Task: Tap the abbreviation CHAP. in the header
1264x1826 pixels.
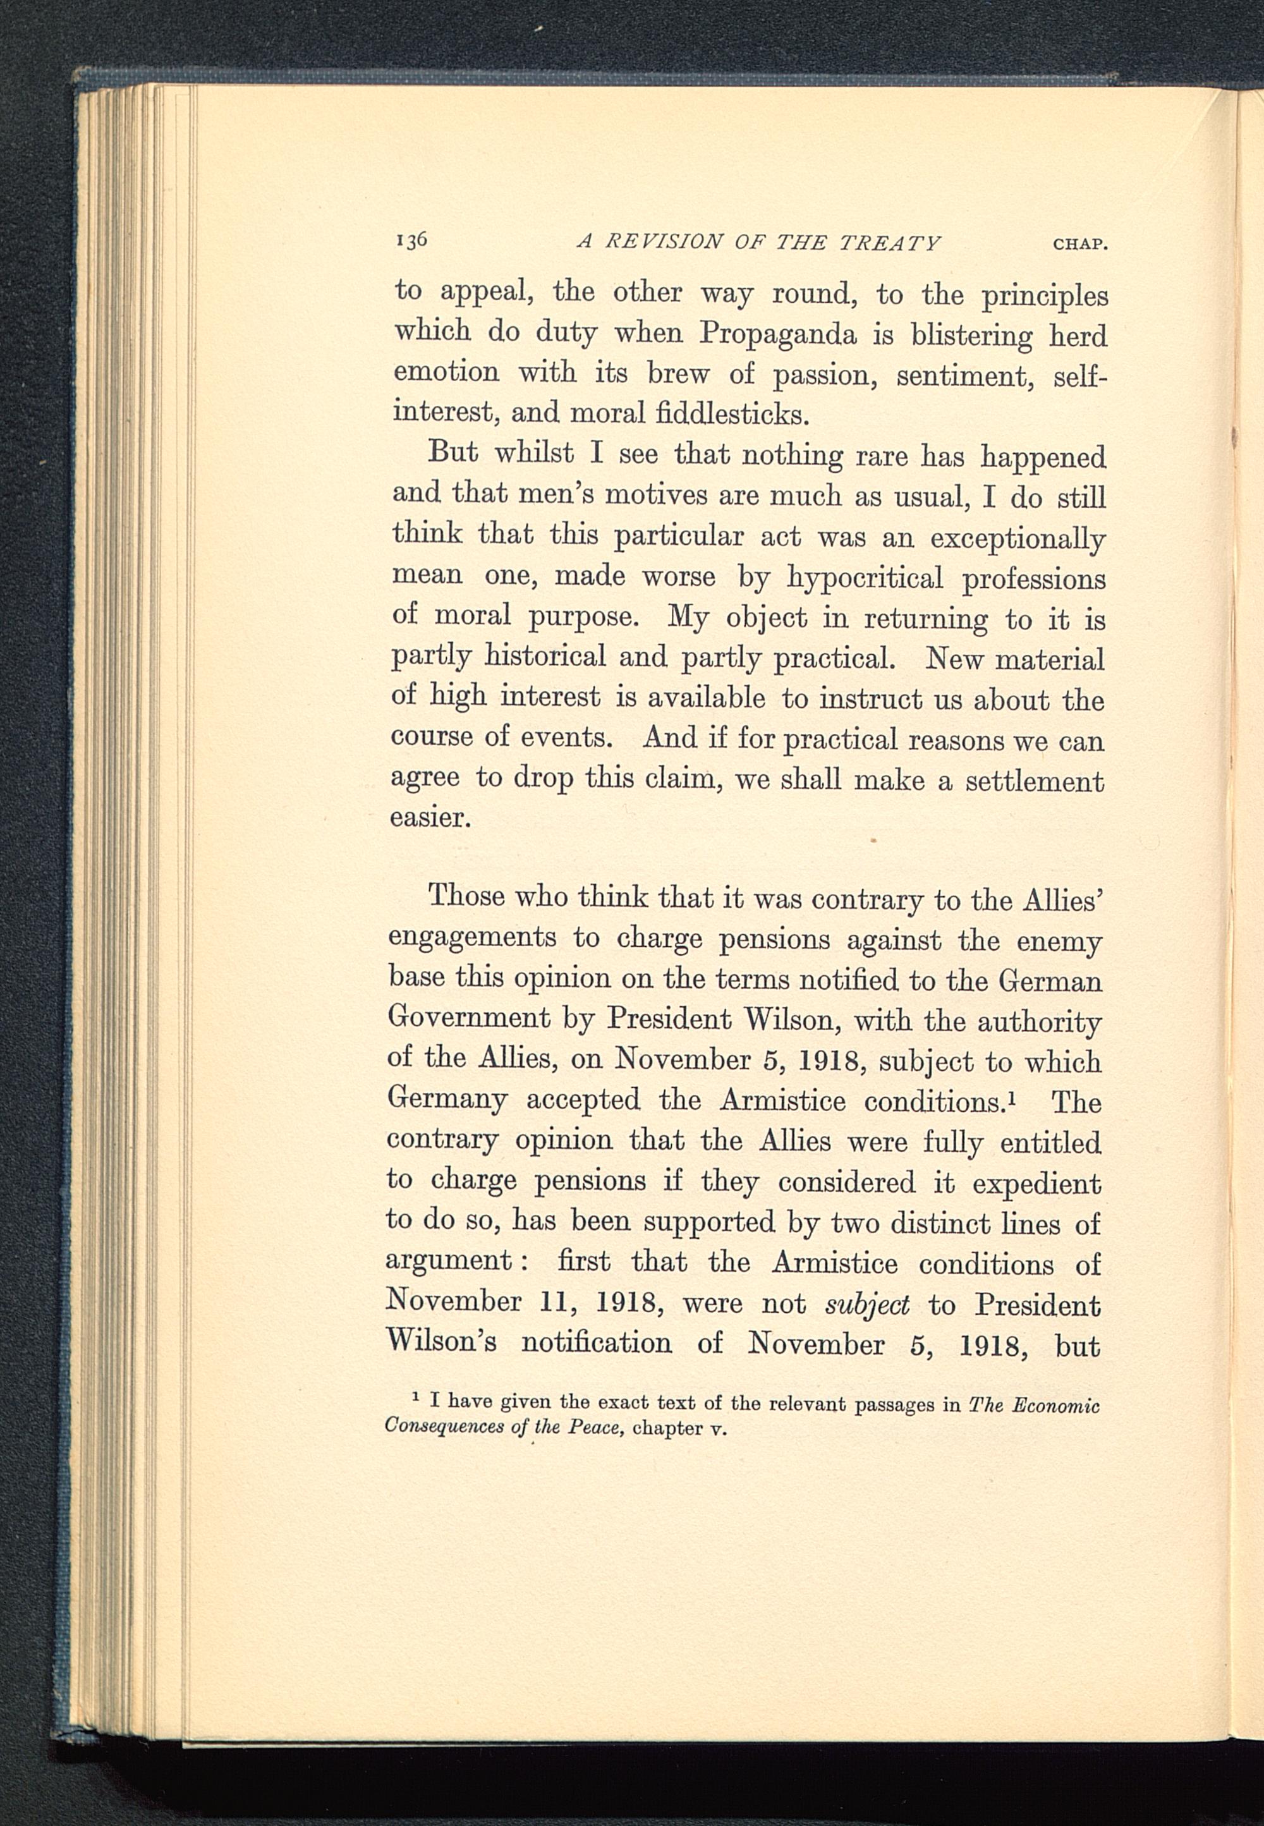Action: (1079, 244)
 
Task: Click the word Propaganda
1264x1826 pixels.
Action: (778, 335)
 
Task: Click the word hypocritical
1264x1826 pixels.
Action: (865, 578)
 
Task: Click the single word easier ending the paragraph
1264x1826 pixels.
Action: (431, 817)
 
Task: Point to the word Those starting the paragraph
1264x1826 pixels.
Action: (466, 896)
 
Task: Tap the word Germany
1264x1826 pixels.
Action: (447, 1099)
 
